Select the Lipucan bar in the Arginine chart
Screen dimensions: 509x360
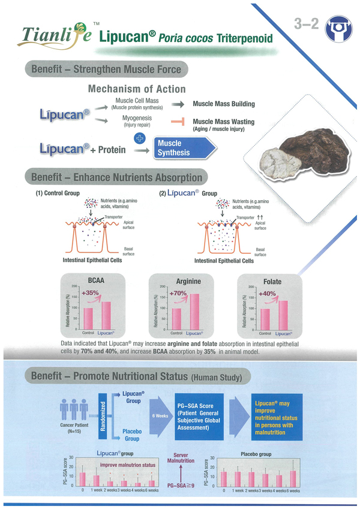(194, 311)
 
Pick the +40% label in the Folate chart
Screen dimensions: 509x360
(267, 294)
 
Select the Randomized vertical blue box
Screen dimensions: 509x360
(103, 417)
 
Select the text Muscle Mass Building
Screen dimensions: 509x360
(223, 104)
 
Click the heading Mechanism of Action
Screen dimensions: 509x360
(133, 89)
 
